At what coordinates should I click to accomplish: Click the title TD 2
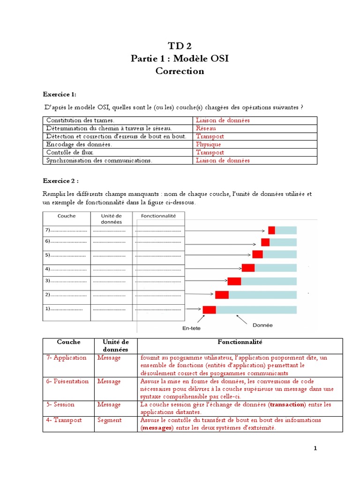180,45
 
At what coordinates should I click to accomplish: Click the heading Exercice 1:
59,94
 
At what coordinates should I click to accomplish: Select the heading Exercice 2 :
60,180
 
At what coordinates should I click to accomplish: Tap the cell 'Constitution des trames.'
80,120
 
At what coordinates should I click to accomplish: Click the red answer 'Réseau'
206,128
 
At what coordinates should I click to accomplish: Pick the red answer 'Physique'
208,144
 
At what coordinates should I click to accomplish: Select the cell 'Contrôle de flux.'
70,152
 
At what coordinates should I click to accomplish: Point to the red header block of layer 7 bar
271,230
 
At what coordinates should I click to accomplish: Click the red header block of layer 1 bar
209,309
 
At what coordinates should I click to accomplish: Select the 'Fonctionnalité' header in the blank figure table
158,216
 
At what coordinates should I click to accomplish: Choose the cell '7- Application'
67,358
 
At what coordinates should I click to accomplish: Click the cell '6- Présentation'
67,381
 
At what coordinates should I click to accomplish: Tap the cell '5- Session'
60,404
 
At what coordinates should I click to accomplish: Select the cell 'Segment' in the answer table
109,420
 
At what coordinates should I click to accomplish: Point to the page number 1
315,448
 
